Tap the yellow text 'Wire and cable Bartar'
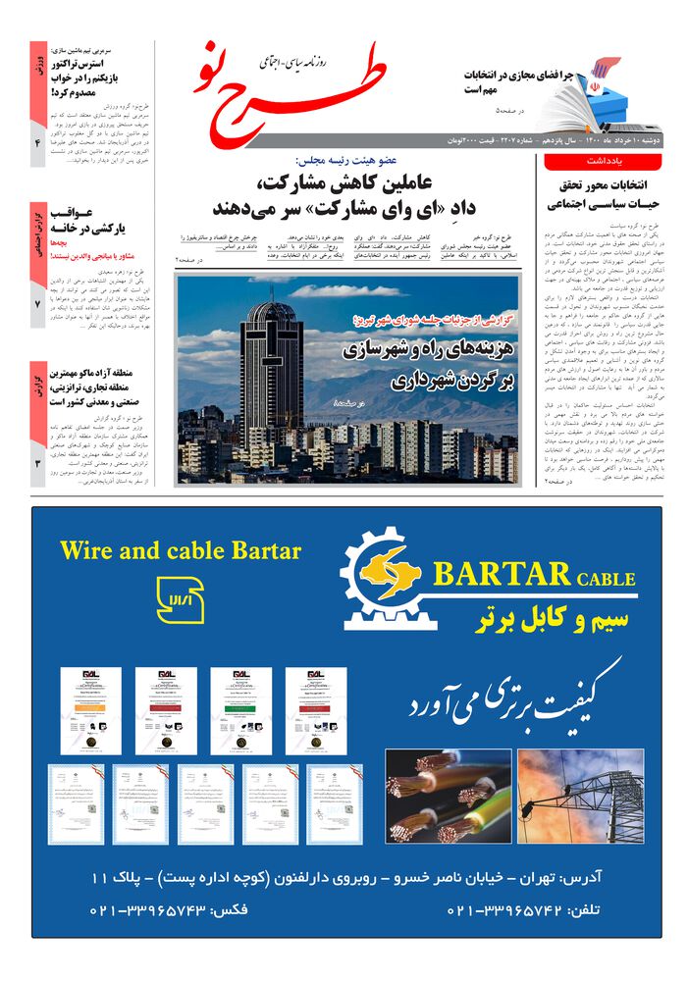[180, 549]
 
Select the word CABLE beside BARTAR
[606, 579]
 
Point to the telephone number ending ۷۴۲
[505, 909]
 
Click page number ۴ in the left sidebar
[37, 143]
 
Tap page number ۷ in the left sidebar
[37, 305]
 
